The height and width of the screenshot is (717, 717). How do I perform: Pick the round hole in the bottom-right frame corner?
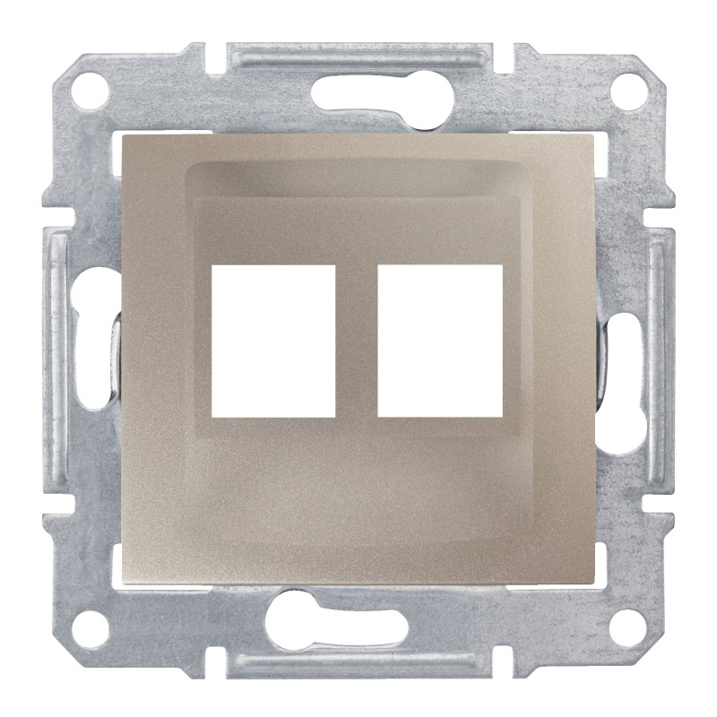(x=631, y=621)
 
